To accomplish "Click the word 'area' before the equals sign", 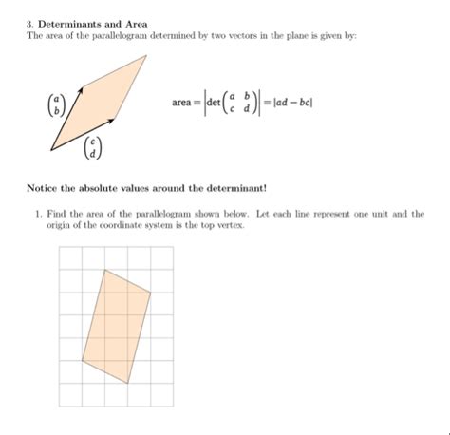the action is pos(182,103).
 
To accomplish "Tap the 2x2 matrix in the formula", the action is pos(240,103).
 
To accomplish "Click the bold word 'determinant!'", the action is pos(236,187).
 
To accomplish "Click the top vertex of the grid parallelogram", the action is pos(104,270).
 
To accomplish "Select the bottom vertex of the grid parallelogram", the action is pos(128,383).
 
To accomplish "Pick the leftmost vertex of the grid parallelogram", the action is pos(82,361).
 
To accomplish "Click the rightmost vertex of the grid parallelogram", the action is pos(151,293).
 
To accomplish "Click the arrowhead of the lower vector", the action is pos(115,119).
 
